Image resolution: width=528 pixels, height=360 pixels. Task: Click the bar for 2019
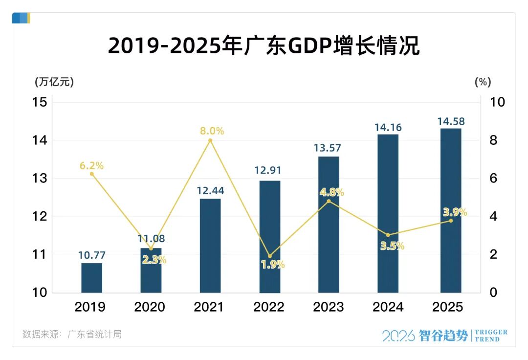pos(91,277)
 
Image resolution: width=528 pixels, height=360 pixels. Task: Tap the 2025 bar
pos(451,210)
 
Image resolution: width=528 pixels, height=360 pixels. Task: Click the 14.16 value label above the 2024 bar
pos(388,128)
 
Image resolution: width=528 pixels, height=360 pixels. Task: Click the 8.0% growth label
pos(212,131)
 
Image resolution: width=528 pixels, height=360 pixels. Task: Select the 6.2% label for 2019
pos(92,166)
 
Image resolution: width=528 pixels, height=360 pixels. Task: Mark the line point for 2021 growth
pos(210,140)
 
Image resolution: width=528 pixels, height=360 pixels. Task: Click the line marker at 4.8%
pos(329,201)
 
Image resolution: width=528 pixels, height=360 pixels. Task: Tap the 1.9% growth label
pos(272,265)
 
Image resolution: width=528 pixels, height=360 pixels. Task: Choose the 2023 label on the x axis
pos(329,307)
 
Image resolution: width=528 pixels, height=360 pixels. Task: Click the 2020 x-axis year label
pos(150,307)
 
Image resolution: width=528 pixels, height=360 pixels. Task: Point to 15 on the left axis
pos(40,102)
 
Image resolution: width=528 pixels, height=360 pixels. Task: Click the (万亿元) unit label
pos(54,82)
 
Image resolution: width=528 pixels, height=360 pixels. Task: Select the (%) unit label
pos(483,82)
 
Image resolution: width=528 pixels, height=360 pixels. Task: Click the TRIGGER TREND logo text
pos(491,336)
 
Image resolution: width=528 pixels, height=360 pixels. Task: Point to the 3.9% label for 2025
pos(455,212)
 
